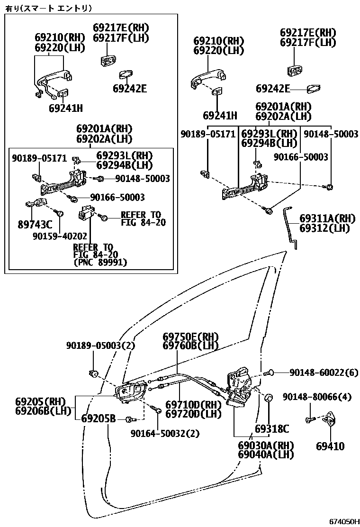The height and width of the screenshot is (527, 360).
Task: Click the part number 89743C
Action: pyautogui.click(x=35, y=225)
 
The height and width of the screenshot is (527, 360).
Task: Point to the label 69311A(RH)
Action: pyautogui.click(x=327, y=218)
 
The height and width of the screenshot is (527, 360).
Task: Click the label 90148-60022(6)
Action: pyautogui.click(x=324, y=373)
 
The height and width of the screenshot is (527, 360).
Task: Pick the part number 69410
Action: pyautogui.click(x=330, y=446)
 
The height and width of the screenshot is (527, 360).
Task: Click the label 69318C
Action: pyautogui.click(x=271, y=429)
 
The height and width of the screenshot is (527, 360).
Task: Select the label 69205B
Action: pyautogui.click(x=98, y=419)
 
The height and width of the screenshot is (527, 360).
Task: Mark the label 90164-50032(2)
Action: pyautogui.click(x=165, y=433)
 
